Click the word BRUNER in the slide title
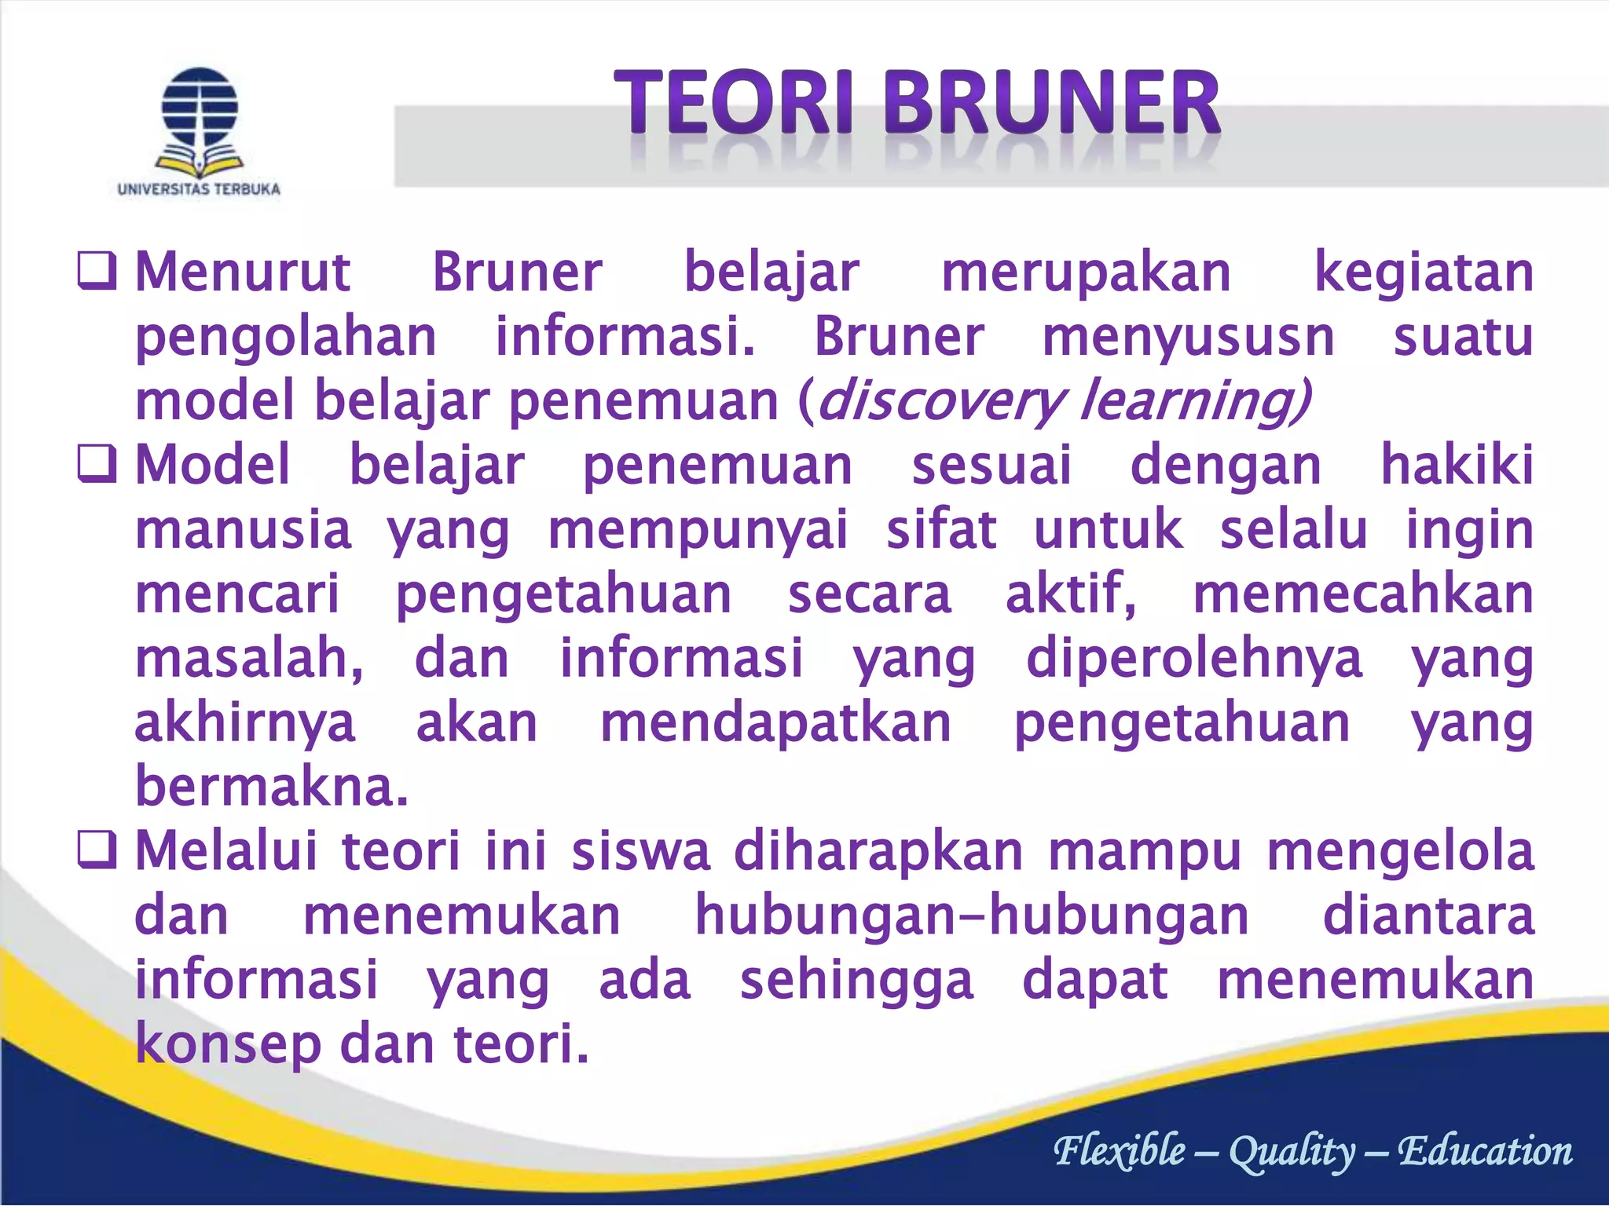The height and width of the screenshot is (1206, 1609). point(1052,104)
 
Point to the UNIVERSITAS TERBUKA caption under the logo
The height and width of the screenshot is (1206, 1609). point(199,189)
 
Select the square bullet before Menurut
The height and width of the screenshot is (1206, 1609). point(97,271)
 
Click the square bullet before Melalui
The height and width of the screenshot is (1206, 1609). point(97,851)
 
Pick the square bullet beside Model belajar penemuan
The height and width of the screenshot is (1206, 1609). point(97,464)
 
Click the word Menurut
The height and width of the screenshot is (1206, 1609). point(243,272)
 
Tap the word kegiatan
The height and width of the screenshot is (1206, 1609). point(1424,272)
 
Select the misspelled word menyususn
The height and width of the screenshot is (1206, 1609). point(1188,338)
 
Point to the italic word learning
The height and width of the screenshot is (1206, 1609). point(1194,402)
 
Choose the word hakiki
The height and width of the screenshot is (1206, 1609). point(1457,465)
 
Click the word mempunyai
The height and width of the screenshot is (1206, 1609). point(698,531)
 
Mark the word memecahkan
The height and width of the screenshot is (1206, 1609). point(1363,594)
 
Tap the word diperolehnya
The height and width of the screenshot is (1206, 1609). point(1193,659)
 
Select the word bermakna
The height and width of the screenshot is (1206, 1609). point(272,786)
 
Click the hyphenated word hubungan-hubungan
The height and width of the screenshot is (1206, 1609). point(972,916)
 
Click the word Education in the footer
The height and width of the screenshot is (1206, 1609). point(1485,1151)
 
